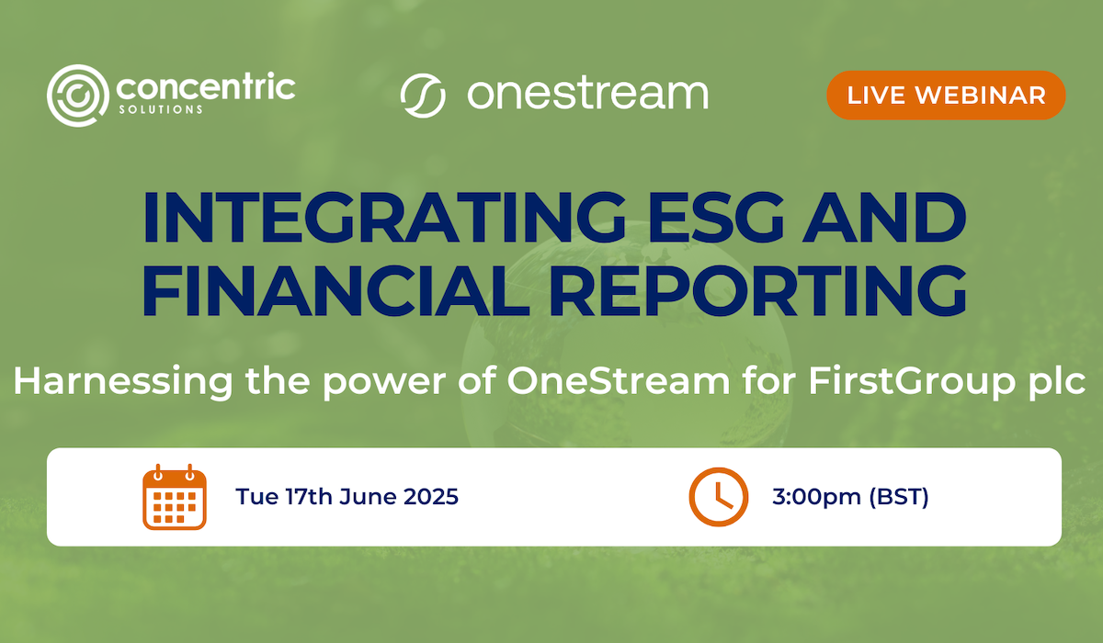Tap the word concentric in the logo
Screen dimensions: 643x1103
tap(205, 89)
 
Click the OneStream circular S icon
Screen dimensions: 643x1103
tap(423, 95)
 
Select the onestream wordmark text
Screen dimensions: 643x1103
tap(587, 94)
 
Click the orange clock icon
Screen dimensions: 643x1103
tap(718, 497)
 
